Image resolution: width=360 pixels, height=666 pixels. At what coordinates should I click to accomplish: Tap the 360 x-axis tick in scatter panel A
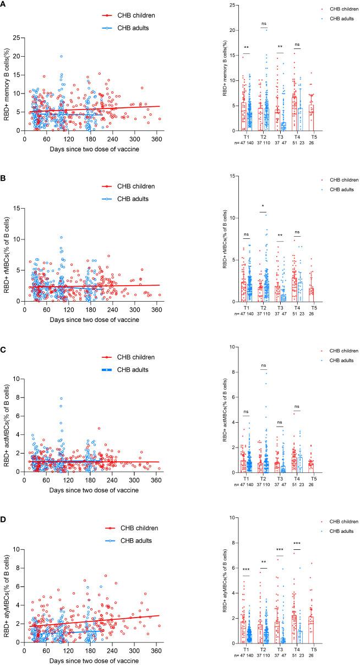point(200,138)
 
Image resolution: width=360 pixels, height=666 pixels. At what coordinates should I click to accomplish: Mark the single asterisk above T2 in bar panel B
point(263,208)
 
